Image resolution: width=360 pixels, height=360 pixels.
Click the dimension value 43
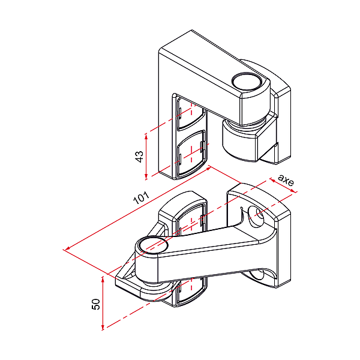click(x=140, y=157)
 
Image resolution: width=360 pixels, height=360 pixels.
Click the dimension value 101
click(x=141, y=197)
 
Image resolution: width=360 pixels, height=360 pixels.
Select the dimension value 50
click(x=96, y=304)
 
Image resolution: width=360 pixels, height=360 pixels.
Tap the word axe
click(x=286, y=180)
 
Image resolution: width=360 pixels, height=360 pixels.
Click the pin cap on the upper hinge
click(x=247, y=81)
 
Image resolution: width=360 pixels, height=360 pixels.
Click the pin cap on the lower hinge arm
click(x=152, y=245)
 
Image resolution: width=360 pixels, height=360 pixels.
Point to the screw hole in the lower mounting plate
click(x=256, y=217)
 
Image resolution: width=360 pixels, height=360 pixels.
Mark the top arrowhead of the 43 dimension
click(x=146, y=136)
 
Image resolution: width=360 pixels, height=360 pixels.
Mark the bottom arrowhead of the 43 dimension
click(x=146, y=176)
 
